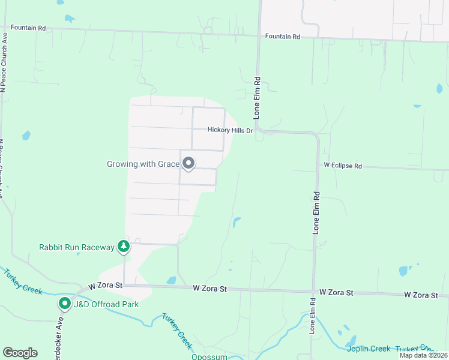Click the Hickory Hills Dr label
pos(231,130)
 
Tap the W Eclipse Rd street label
pos(343,164)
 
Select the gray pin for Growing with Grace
pos(188,163)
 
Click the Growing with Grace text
pos(143,164)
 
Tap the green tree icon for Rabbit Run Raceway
pos(124,246)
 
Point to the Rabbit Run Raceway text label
pos(76,247)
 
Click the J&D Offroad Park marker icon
pos(64,304)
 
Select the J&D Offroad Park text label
pos(106,304)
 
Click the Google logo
pos(20,353)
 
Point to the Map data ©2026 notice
pos(423,355)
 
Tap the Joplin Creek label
pos(367,349)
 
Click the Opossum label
pos(209,356)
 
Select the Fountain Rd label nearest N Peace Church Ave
pos(25,28)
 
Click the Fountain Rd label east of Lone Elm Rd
pos(282,37)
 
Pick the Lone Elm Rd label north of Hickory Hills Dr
pos(257,96)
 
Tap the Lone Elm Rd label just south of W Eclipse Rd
pos(316,212)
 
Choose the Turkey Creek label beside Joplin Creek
pos(414,349)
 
